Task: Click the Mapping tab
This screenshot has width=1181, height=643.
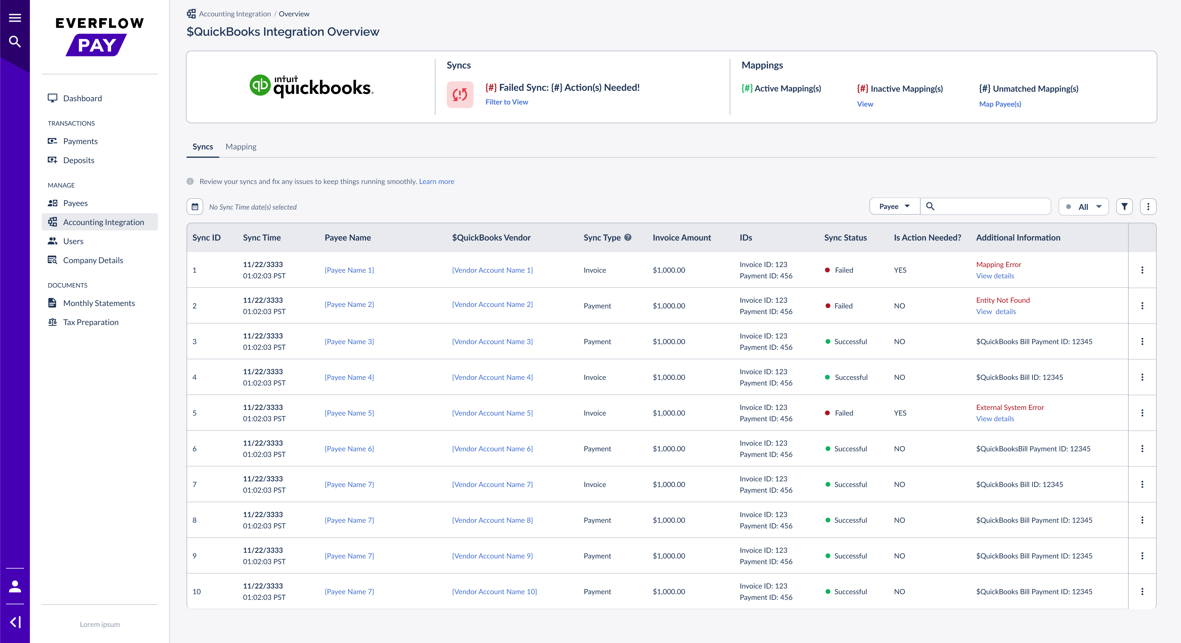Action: [241, 147]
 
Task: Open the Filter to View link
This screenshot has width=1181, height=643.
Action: [507, 102]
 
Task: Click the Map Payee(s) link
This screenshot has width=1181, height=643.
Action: [1000, 104]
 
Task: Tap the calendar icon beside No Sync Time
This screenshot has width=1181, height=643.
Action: [195, 207]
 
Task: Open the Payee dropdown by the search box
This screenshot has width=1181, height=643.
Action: [894, 206]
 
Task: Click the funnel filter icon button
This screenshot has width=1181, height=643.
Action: [1124, 207]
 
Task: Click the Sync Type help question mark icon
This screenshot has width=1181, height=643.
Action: [628, 237]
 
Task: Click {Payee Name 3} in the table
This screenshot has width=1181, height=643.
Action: [349, 341]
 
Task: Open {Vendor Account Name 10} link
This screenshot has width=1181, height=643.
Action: [494, 592]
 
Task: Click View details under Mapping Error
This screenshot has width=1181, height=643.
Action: [995, 276]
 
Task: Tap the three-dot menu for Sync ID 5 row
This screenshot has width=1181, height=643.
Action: [1142, 413]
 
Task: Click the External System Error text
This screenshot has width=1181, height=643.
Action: [1009, 408]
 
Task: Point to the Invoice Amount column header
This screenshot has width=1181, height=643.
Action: [682, 237]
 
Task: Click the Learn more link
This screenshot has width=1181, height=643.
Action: [437, 182]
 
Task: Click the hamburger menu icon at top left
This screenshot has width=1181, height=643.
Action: [15, 18]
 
